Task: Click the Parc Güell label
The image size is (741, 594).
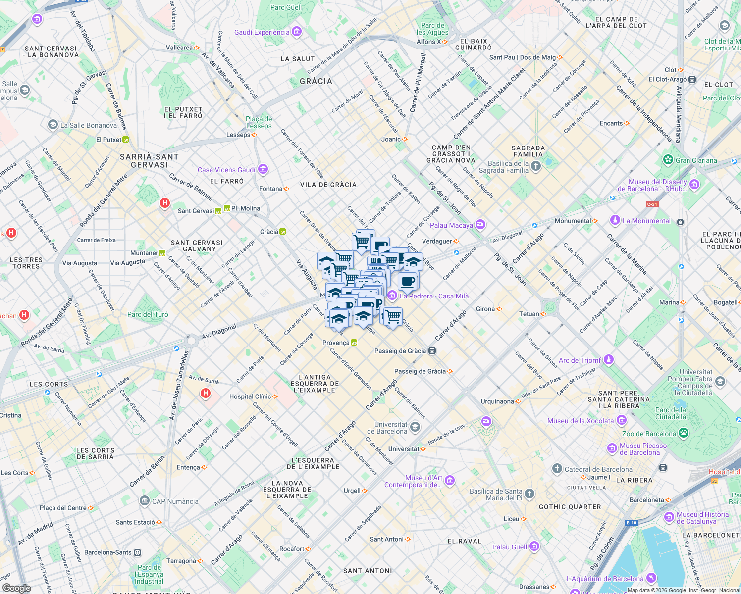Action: (x=286, y=7)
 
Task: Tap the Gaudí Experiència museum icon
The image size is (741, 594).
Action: (x=297, y=32)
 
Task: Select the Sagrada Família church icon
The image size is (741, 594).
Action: (x=536, y=167)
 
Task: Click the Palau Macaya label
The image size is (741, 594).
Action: (x=451, y=225)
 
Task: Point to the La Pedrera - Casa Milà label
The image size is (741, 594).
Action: (x=434, y=296)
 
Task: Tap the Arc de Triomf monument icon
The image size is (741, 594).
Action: (x=609, y=360)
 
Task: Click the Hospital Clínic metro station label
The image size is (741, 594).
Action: (x=250, y=396)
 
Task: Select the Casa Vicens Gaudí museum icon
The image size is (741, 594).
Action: (x=263, y=170)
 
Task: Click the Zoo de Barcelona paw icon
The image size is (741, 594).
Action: (x=684, y=434)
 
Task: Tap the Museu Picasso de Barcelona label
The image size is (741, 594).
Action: (x=643, y=449)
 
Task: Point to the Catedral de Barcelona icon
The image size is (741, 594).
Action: (x=557, y=469)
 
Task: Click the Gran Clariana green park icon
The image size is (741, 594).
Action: (x=668, y=160)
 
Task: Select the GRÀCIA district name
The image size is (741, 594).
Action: (x=316, y=81)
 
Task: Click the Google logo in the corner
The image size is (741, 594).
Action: (x=17, y=588)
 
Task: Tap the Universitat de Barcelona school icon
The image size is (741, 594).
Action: (x=415, y=427)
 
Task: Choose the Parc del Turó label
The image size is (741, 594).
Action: (x=148, y=314)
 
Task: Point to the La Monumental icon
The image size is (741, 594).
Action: (x=615, y=220)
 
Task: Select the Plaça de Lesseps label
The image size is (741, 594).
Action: (x=259, y=122)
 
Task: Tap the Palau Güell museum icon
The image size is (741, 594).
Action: (x=534, y=546)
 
